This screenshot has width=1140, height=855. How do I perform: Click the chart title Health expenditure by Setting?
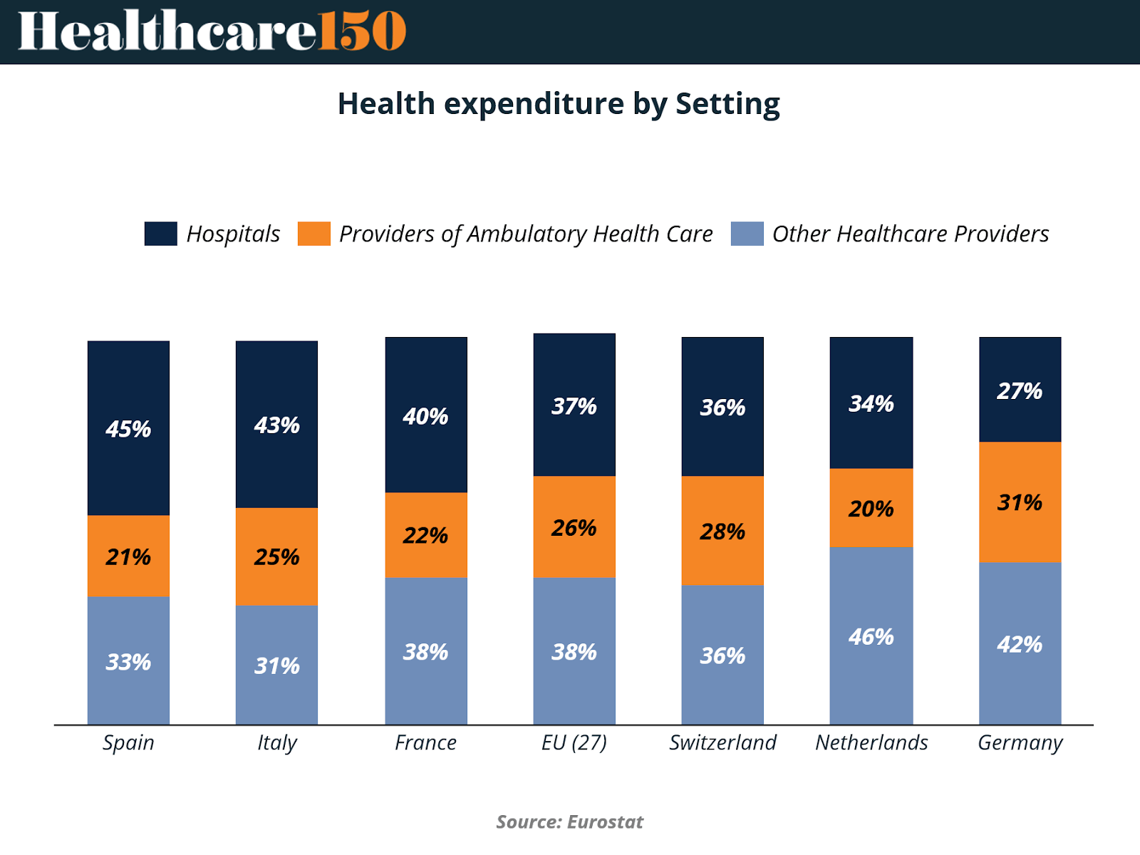(559, 104)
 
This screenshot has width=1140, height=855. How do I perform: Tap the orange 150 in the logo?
(362, 31)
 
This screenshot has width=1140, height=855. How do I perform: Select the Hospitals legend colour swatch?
(160, 234)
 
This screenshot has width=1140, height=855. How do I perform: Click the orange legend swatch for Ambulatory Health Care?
(313, 234)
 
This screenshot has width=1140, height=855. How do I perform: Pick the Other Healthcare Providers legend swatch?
(747, 234)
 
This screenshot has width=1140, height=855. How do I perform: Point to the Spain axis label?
(128, 742)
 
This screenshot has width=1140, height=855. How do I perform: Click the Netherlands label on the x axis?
(871, 742)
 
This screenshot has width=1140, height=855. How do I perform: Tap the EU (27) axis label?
(574, 742)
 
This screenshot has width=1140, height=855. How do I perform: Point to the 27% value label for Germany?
(1020, 391)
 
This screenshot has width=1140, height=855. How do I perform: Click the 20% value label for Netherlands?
(871, 509)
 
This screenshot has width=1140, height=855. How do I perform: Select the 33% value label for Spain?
(128, 662)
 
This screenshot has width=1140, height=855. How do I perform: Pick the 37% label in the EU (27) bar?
(574, 406)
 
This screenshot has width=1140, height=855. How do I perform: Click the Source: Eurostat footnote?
(569, 822)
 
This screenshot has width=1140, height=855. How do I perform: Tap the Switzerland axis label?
(722, 742)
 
